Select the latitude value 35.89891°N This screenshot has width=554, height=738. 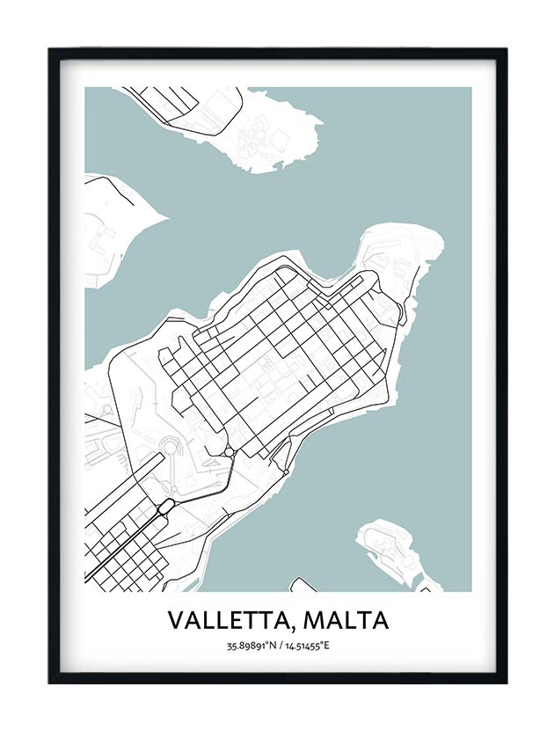[x=251, y=647]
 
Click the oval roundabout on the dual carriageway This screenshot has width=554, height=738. [x=164, y=507]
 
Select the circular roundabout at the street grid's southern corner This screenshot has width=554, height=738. [x=229, y=451]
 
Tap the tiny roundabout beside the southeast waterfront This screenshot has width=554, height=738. [x=288, y=471]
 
